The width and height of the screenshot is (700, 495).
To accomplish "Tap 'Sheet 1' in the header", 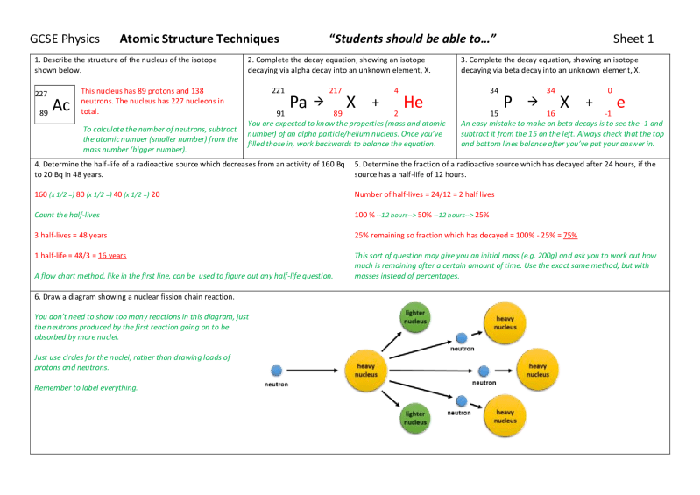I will [x=633, y=39].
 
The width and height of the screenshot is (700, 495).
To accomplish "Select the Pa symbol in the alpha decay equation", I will [x=298, y=102].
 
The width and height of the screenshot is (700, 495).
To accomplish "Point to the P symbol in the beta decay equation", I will [x=507, y=102].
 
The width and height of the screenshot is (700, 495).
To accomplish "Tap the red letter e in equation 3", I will [x=620, y=103].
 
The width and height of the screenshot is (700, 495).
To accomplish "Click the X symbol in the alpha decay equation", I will [x=350, y=102].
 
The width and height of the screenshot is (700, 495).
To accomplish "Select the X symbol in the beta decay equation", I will [x=565, y=102].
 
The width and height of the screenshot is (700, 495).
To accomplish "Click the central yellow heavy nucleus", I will [x=365, y=370].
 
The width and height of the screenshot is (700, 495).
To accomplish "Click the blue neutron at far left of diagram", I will [x=277, y=370].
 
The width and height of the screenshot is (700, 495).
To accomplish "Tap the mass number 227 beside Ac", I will [x=41, y=93].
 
